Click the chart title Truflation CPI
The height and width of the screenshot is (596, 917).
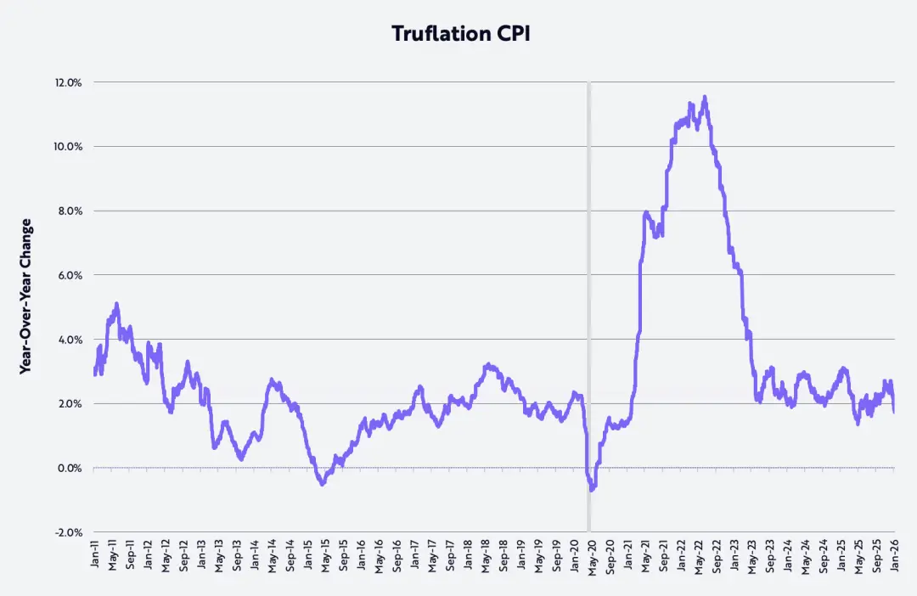pos(458,33)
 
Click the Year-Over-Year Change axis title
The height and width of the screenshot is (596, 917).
pos(26,296)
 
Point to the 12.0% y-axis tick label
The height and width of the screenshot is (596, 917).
pos(68,82)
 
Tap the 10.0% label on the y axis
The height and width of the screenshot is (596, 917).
pos(68,147)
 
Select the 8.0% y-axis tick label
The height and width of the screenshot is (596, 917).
pos(70,211)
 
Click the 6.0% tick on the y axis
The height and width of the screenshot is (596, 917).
pos(70,275)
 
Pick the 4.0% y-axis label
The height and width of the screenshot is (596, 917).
pos(70,340)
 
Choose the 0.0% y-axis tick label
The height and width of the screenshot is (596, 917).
pos(70,468)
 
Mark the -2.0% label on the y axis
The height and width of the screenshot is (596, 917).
pos(68,532)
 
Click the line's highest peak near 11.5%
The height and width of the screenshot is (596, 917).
pos(705,97)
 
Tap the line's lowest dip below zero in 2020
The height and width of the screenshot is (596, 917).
pos(592,490)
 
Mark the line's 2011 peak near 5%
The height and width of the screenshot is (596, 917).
pos(116,303)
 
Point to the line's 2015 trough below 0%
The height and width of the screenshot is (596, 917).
pos(322,484)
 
